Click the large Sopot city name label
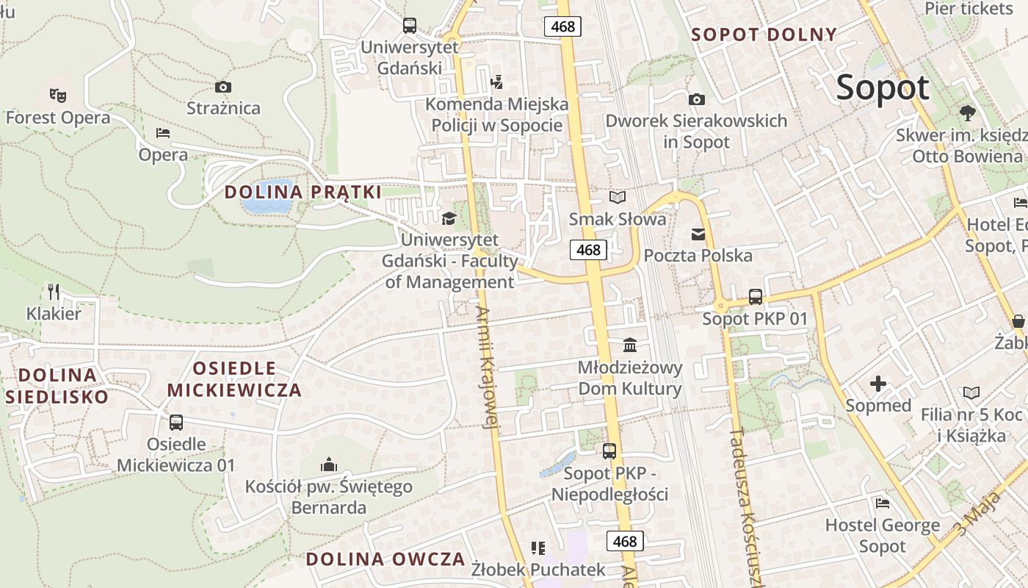(x=883, y=88)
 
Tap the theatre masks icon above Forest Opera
(x=57, y=95)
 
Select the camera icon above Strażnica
(x=223, y=87)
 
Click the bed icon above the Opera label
(x=163, y=133)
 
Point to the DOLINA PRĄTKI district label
(x=303, y=193)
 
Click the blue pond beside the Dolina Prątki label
(x=266, y=196)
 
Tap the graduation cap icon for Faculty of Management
(x=449, y=218)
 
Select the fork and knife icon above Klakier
(x=54, y=292)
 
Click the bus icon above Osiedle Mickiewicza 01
(x=176, y=423)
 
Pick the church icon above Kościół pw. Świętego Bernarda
(x=329, y=465)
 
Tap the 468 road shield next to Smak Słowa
(x=588, y=250)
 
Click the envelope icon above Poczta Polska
(x=698, y=234)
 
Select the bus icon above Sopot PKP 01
(x=755, y=297)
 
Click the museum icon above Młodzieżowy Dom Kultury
(x=629, y=345)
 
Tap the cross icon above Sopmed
(x=878, y=384)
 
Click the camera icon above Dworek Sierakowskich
(x=696, y=99)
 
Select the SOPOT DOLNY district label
(x=764, y=35)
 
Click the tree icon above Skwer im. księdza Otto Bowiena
(x=967, y=113)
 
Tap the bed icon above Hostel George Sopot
(x=883, y=503)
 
